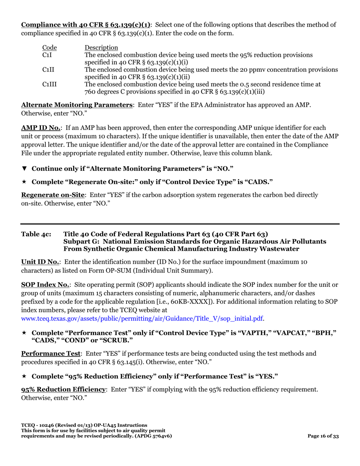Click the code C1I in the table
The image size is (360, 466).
coord(46,55)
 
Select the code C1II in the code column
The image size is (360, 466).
coord(47,69)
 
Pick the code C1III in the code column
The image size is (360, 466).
coord(49,84)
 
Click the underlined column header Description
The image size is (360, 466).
coord(101,48)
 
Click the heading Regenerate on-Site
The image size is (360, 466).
coord(53,195)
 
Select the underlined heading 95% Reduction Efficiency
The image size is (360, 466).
coord(63,389)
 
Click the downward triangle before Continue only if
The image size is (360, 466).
coord(24,168)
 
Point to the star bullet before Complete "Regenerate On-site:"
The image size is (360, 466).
coord(24,182)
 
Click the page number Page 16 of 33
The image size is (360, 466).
coord(323,436)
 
